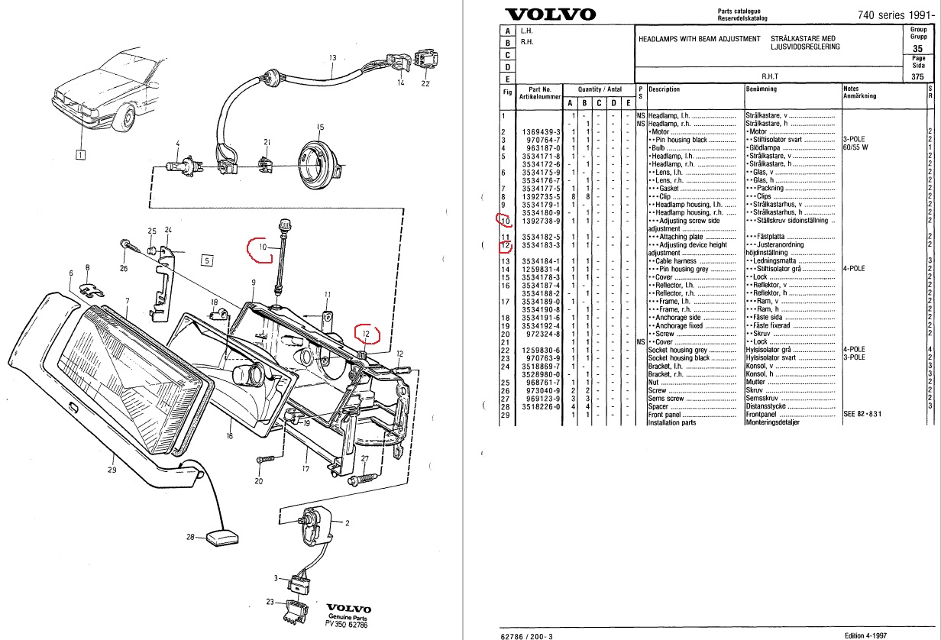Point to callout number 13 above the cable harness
point(333,58)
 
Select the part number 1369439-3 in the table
point(540,132)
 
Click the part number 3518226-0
point(540,406)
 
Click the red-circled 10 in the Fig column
point(504,221)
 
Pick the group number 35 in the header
point(919,48)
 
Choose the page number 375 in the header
point(919,76)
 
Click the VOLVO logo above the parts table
point(551,15)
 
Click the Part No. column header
point(540,93)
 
